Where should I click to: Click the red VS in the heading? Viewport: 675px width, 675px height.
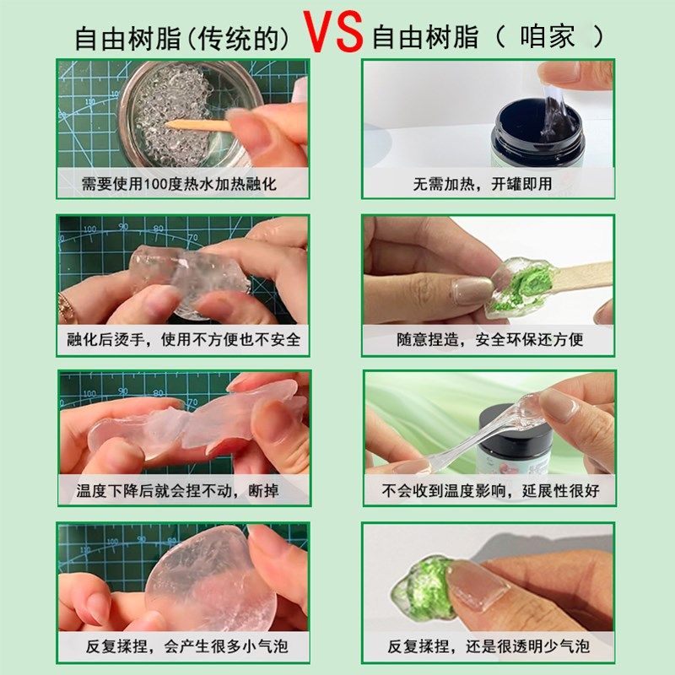tap(334, 31)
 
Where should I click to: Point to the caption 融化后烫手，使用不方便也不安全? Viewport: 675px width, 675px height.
tap(183, 340)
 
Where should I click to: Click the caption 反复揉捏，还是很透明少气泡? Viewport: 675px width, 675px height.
tap(489, 647)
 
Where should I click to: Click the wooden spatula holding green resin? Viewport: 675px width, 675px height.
tap(574, 278)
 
